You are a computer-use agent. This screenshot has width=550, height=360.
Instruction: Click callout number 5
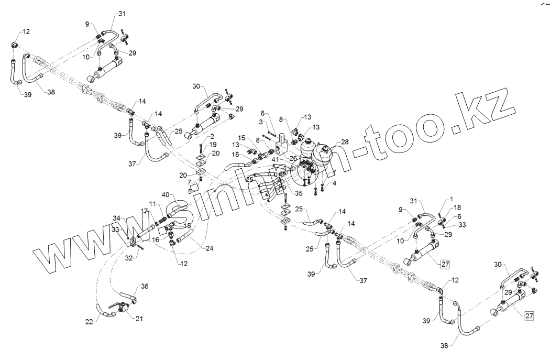(x=191, y=191)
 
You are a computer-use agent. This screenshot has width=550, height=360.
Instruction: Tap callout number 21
(x=139, y=318)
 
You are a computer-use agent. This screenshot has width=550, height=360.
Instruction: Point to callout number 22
(x=89, y=321)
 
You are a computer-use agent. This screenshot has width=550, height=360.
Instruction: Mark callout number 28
(x=344, y=142)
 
